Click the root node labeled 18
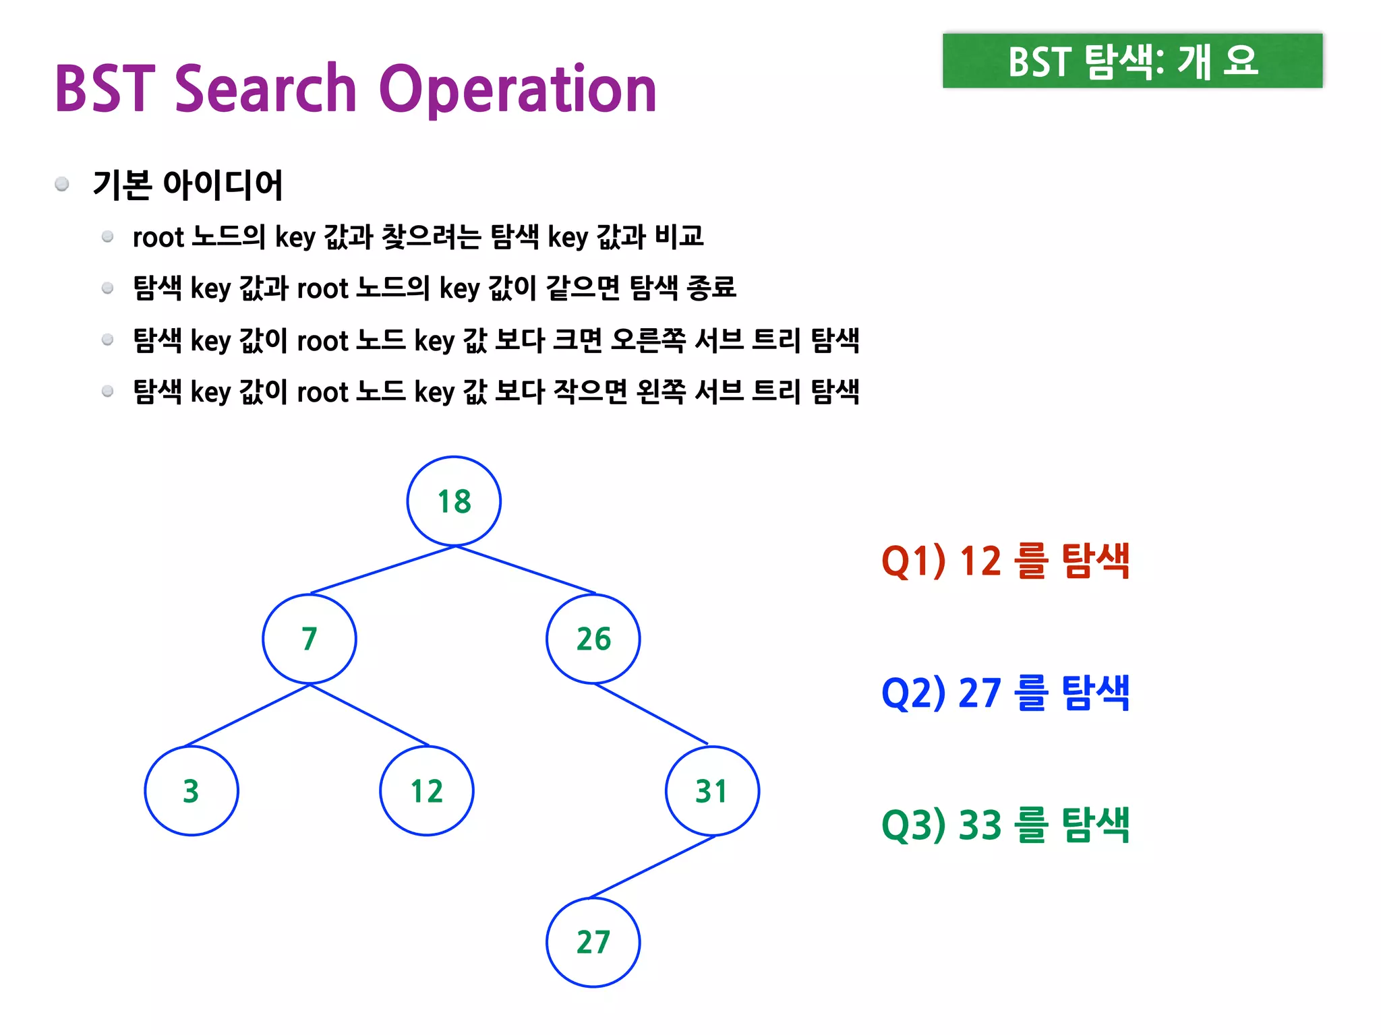click(x=454, y=501)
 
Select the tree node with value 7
click(x=310, y=639)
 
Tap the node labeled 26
click(x=593, y=639)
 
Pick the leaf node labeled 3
click(x=192, y=791)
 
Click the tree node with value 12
click(x=427, y=791)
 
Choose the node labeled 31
click(x=712, y=791)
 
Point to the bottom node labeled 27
click(x=593, y=942)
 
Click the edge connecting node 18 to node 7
click(x=383, y=570)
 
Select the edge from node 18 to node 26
click(x=526, y=570)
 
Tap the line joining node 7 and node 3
click(x=247, y=716)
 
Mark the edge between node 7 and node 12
click(x=370, y=716)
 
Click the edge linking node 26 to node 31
click(x=651, y=714)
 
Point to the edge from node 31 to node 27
click(x=653, y=867)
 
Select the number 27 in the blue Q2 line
click(x=979, y=693)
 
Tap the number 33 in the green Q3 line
click(x=979, y=825)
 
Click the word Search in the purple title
click(x=266, y=89)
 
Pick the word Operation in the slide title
click(x=518, y=90)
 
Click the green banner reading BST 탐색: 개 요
click(x=1132, y=61)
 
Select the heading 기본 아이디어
click(x=187, y=185)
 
